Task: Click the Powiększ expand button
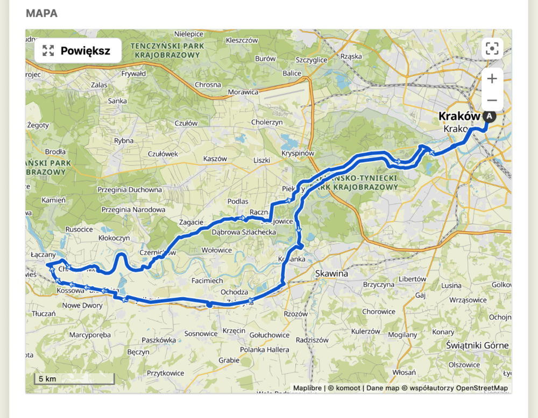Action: tap(77, 51)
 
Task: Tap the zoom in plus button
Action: tap(492, 79)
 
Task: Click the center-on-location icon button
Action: tap(492, 49)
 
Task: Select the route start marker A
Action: tap(489, 116)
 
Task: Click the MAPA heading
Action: tap(41, 13)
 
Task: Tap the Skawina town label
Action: tap(331, 273)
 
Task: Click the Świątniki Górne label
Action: tap(477, 345)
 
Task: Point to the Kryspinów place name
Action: tap(298, 153)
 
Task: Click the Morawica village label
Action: tap(243, 92)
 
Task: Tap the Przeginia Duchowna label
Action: tap(130, 190)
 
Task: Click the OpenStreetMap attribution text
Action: tap(482, 388)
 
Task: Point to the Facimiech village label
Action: tap(207, 280)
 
